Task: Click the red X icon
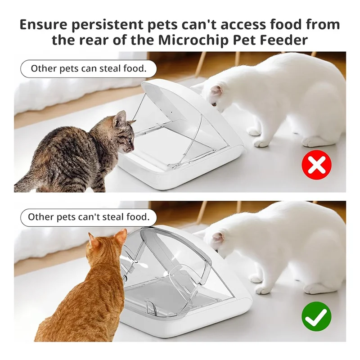coord(317,166)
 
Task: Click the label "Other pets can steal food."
coord(88,69)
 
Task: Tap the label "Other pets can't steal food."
coord(88,217)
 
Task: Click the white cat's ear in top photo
coord(216,90)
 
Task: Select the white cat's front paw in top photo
coord(261,143)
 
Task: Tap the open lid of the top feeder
coord(166,103)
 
